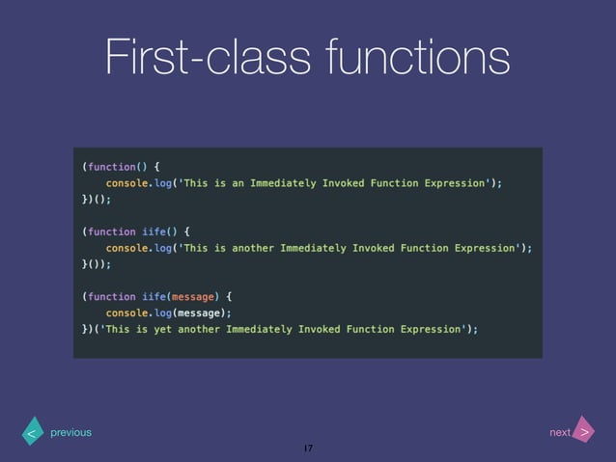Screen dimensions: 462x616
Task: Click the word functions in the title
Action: (x=419, y=57)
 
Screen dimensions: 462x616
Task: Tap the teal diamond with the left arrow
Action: (x=32, y=433)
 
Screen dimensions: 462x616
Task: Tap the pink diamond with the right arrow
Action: (x=584, y=432)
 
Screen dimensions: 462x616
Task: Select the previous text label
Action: (x=70, y=433)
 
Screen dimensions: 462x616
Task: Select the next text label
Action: (x=560, y=433)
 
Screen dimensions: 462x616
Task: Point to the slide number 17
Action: (x=308, y=449)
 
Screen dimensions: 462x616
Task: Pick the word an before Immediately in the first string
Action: (x=238, y=182)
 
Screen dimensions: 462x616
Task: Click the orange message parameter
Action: (x=192, y=296)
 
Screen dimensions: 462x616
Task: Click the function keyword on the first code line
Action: (x=111, y=166)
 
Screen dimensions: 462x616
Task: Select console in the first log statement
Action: (x=126, y=182)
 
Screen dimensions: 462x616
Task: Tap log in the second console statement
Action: (x=165, y=248)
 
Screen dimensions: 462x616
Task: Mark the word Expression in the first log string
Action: (x=456, y=182)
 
